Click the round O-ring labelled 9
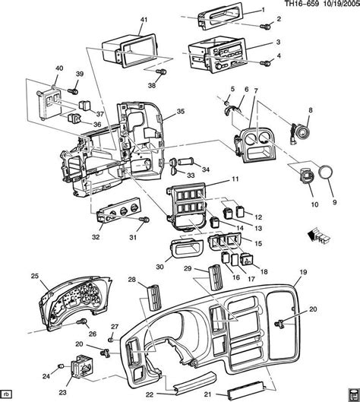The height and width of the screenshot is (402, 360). (326, 173)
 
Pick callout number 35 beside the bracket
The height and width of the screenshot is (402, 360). (180, 111)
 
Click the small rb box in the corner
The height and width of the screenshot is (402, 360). (8, 394)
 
